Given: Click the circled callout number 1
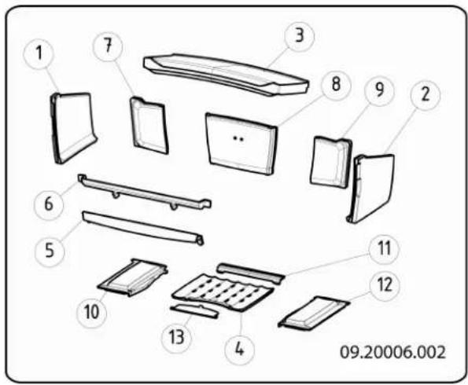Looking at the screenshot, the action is click(x=39, y=54).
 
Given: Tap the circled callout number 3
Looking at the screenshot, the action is click(x=300, y=35).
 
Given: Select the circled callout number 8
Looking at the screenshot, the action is click(x=336, y=84).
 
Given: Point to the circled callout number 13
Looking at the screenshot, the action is click(x=176, y=338).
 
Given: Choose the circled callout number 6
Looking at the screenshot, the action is click(x=49, y=204).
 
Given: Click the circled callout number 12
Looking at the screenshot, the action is click(x=385, y=285).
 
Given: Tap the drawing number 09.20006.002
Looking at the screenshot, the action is click(x=392, y=352).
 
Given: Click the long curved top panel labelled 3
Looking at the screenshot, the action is click(x=226, y=75).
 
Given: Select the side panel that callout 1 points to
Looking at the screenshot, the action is click(x=73, y=127).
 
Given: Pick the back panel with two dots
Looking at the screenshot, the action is click(x=241, y=144).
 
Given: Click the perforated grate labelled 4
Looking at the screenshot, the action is click(x=223, y=292).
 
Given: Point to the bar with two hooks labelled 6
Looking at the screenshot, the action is click(x=145, y=192).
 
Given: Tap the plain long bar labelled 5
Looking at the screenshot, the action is click(x=143, y=228).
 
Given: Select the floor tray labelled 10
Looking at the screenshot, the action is click(x=132, y=277).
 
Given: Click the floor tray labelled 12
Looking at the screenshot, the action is click(x=313, y=313).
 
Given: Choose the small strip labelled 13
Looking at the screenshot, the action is click(x=194, y=311).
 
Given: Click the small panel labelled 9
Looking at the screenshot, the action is click(x=331, y=162).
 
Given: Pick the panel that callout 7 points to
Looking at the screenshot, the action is click(x=149, y=126).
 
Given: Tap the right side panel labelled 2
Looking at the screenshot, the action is click(x=371, y=189).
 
